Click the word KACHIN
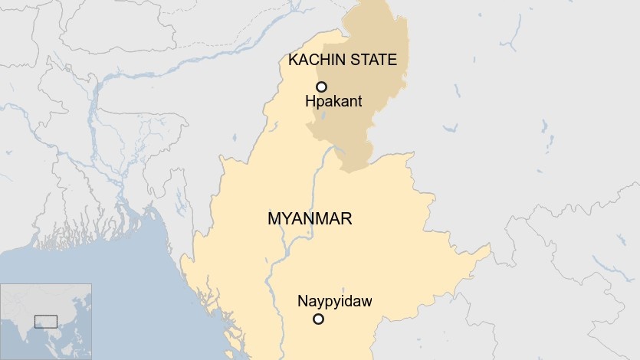(313, 60)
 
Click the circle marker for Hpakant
(322, 87)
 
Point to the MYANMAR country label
(310, 219)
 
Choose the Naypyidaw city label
(334, 301)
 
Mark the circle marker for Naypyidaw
(319, 319)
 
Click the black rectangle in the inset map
(46, 320)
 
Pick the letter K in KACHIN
(291, 60)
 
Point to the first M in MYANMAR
(274, 219)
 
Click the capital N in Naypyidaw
(302, 301)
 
